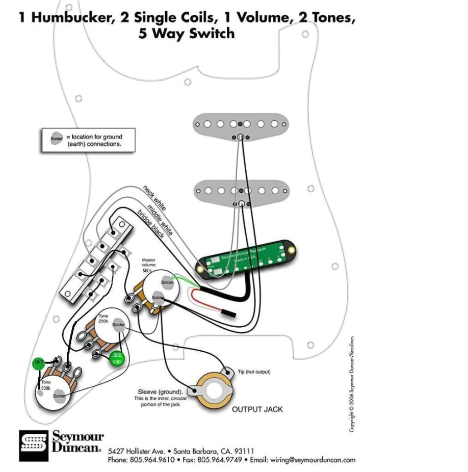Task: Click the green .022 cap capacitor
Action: (x=117, y=357)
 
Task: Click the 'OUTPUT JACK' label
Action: (x=257, y=409)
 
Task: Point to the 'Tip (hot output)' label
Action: (x=254, y=372)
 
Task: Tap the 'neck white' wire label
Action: (x=154, y=198)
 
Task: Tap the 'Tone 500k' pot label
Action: (x=46, y=384)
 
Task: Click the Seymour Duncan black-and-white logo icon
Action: (x=34, y=445)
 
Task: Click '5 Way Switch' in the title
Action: (x=187, y=34)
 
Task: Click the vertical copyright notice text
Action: (x=352, y=384)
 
